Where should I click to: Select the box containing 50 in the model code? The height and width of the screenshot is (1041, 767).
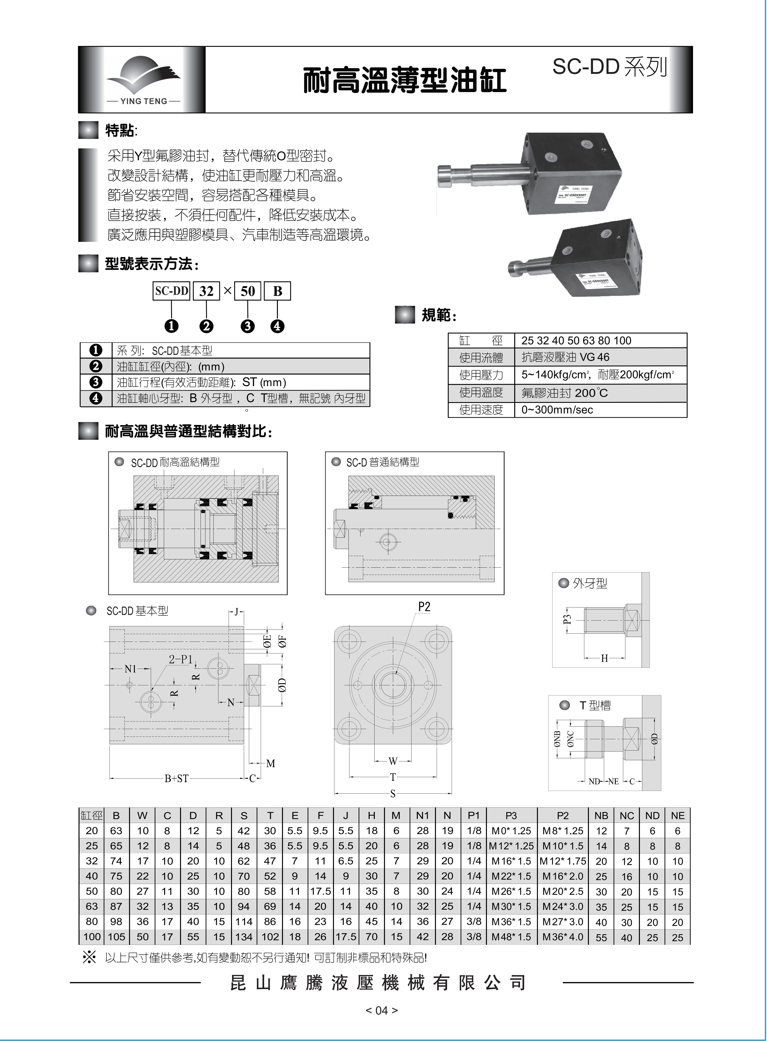click(247, 291)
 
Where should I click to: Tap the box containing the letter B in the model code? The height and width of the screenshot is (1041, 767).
click(277, 291)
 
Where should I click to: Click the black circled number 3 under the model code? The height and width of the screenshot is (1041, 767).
click(247, 326)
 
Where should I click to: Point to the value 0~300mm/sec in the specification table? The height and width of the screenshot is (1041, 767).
click(557, 410)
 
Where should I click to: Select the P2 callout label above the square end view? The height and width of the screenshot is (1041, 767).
click(424, 606)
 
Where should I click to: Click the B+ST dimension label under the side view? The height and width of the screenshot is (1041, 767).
click(176, 778)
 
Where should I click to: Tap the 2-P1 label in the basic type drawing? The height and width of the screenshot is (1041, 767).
click(180, 659)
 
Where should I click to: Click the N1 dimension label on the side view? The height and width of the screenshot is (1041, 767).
click(130, 669)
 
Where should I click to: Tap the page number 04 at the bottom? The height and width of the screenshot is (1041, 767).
click(381, 1010)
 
